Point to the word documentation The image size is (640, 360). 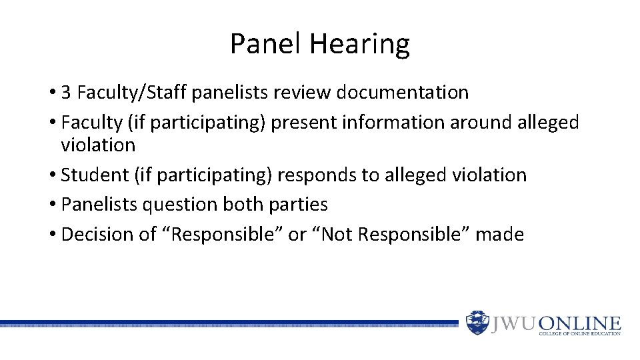[402, 93]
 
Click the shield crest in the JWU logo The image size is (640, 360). [477, 322]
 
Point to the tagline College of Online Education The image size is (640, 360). [579, 333]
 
